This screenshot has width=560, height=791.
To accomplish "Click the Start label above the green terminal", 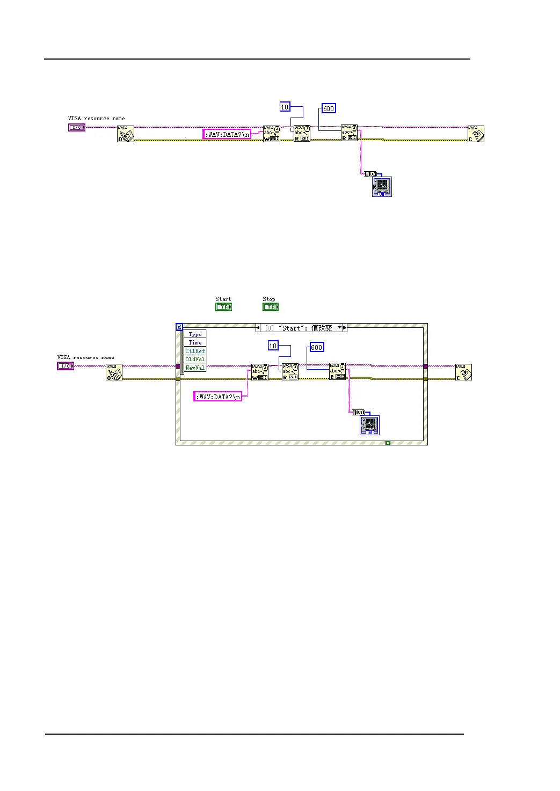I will tap(223, 299).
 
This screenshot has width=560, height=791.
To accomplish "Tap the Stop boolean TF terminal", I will tap(271, 307).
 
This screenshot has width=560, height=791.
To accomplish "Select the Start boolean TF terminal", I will tap(223, 307).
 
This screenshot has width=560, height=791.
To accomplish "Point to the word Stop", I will tap(268, 299).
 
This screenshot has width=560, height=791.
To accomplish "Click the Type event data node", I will tap(195, 334).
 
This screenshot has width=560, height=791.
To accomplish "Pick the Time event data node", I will tap(195, 342).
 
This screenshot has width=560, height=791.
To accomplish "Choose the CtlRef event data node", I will tap(195, 351).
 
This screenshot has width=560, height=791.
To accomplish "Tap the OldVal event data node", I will tap(195, 359).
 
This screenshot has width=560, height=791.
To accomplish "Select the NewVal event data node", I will tap(195, 368).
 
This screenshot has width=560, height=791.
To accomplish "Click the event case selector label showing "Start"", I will tap(301, 328).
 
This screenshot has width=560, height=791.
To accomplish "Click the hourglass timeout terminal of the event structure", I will tap(179, 327).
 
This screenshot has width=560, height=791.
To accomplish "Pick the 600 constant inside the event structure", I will tap(317, 347).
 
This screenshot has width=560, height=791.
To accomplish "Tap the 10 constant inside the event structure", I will tap(273, 346).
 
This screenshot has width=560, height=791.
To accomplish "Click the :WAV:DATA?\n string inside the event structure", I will tap(218, 397).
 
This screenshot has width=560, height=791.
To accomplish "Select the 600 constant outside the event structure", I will tap(329, 108).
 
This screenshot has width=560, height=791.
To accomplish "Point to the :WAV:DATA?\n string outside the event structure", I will tap(227, 134).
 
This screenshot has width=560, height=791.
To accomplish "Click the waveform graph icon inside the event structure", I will tap(369, 425).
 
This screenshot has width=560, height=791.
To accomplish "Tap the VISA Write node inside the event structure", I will tap(259, 372).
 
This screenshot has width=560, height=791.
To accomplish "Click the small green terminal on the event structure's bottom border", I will tap(388, 443).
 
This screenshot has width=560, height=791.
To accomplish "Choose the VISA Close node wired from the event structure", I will tap(463, 372).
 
